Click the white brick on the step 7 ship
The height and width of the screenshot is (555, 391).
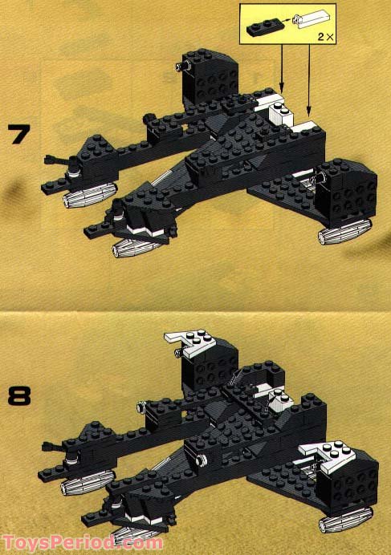pos(278,113)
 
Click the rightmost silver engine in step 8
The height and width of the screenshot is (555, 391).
pos(344,520)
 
